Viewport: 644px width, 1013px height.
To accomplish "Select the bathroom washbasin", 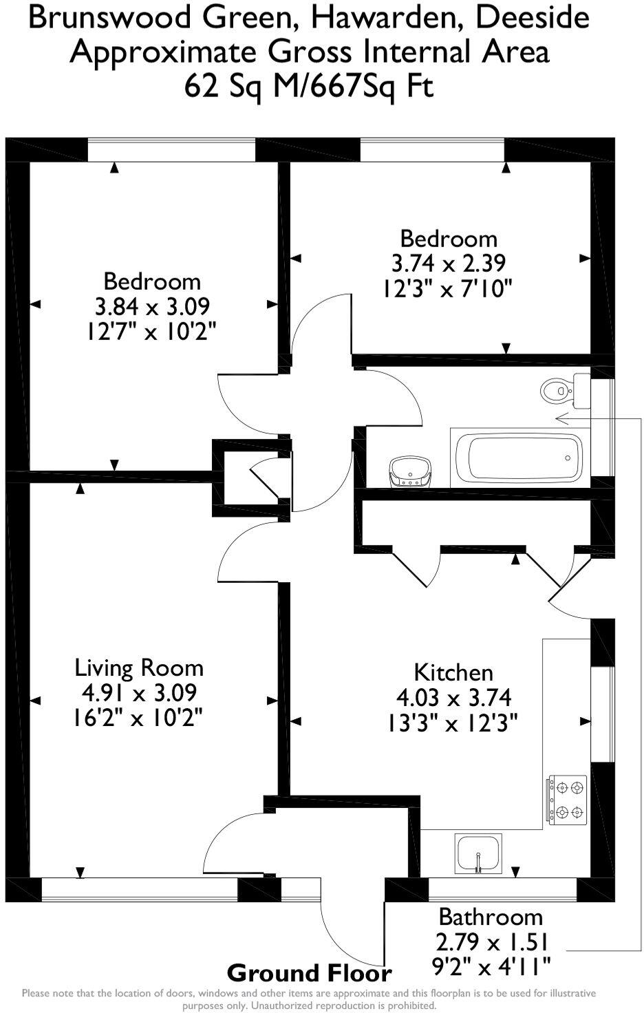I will tap(410, 473).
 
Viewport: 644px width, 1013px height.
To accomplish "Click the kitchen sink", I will tap(478, 854).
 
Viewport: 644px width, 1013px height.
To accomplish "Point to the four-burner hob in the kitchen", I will tap(568, 798).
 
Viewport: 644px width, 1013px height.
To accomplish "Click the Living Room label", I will tap(139, 668).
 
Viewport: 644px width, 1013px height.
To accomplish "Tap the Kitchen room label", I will tap(453, 672).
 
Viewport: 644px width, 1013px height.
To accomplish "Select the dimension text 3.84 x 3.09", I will tap(152, 306).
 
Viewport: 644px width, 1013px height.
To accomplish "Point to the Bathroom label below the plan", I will tap(491, 917).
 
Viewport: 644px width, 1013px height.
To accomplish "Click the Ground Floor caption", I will tap(310, 973).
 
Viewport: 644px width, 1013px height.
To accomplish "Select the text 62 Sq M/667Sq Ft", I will tap(309, 87).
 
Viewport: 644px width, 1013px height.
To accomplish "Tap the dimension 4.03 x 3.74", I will tap(453, 698).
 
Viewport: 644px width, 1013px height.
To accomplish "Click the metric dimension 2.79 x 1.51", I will tap(491, 942).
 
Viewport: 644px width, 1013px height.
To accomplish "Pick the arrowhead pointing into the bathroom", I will tap(561, 418).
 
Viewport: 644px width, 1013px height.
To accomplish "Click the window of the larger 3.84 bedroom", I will tap(171, 151).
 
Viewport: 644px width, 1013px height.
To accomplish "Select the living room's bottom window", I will tap(140, 889).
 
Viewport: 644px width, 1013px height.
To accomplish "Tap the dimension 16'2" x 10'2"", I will tap(138, 718).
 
